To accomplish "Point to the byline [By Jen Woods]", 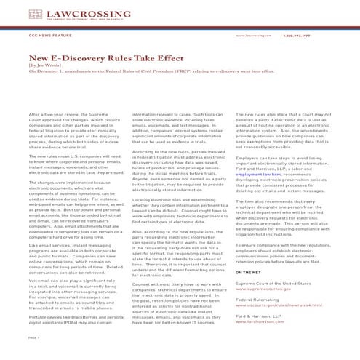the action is click(45, 64).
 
